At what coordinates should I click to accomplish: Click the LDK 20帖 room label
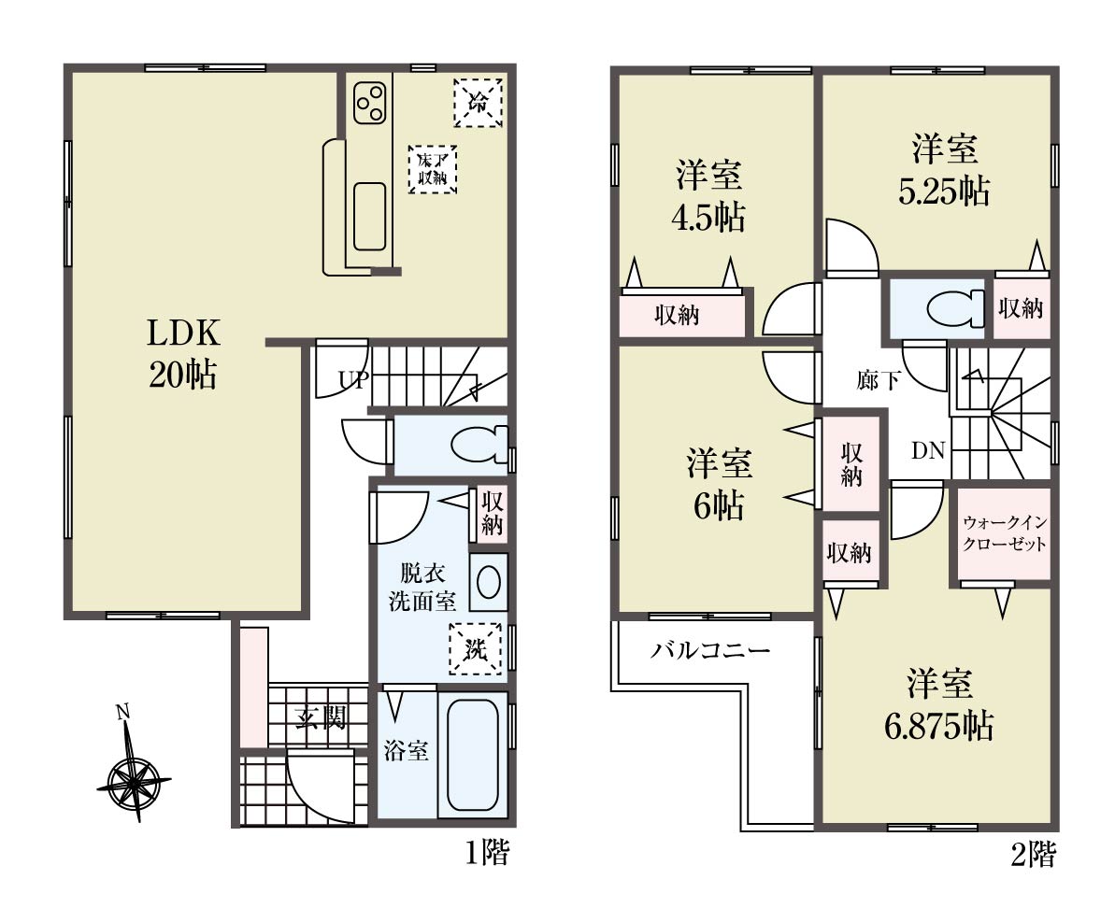point(183,353)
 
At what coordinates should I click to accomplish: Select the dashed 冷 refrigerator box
point(479,103)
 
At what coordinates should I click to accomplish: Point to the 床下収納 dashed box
point(433,169)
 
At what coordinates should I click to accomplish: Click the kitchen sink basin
point(370,217)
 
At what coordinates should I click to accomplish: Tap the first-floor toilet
point(480,446)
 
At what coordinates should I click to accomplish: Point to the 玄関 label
point(321,718)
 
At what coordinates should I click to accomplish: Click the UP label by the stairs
point(353,380)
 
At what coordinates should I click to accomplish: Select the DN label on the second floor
point(928,450)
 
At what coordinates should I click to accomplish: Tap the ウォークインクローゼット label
point(1005,533)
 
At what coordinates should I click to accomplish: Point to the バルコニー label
point(710,650)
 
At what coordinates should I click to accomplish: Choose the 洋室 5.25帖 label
point(944,171)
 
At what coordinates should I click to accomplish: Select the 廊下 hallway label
point(879,380)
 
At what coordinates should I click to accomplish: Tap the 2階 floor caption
point(1034,853)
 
